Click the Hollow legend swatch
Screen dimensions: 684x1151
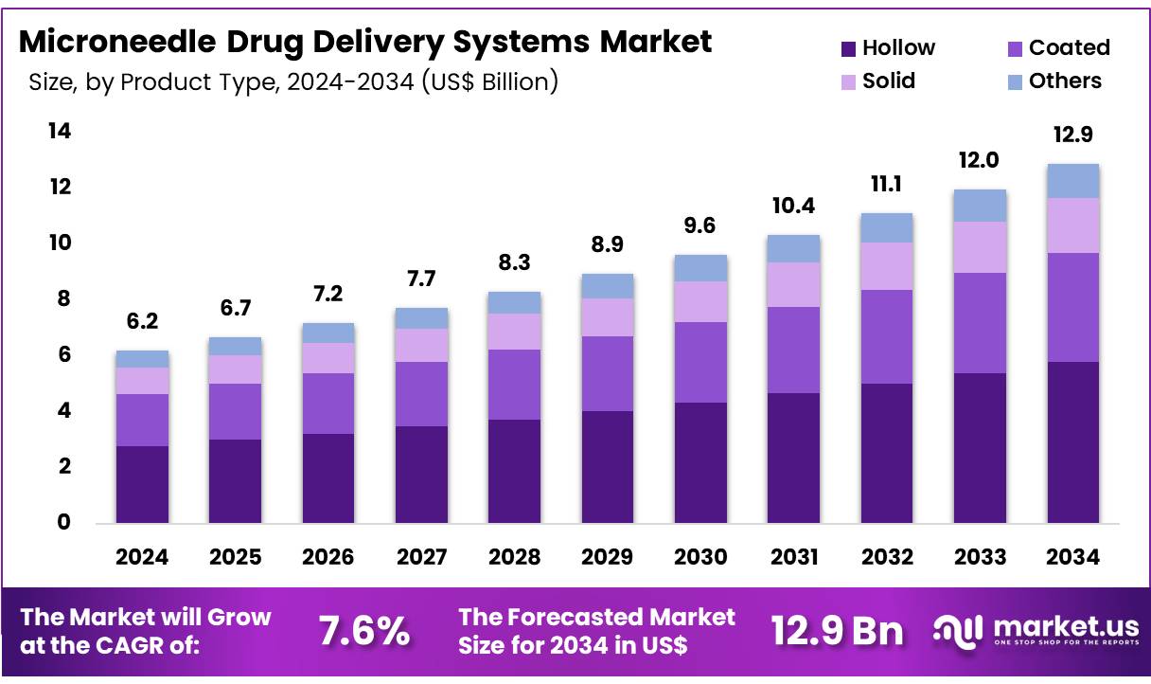click(848, 48)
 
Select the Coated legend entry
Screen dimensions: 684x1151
click(1069, 47)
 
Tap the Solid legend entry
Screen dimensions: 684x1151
click(888, 81)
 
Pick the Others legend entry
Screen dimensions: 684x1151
click(1065, 81)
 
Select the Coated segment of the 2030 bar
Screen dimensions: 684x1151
click(700, 362)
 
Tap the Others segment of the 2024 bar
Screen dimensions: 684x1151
click(142, 359)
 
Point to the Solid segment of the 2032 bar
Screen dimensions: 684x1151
click(886, 266)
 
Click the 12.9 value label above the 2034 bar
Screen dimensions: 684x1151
click(1072, 135)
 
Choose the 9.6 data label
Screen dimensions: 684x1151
click(700, 226)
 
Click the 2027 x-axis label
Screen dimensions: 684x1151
click(421, 557)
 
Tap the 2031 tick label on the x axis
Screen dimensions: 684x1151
click(793, 557)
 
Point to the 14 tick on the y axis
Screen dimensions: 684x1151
click(59, 131)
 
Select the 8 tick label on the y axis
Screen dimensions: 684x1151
click(63, 298)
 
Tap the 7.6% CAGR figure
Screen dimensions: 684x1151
click(363, 630)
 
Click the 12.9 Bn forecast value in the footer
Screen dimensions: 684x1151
click(837, 630)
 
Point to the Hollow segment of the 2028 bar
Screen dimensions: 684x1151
click(514, 471)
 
